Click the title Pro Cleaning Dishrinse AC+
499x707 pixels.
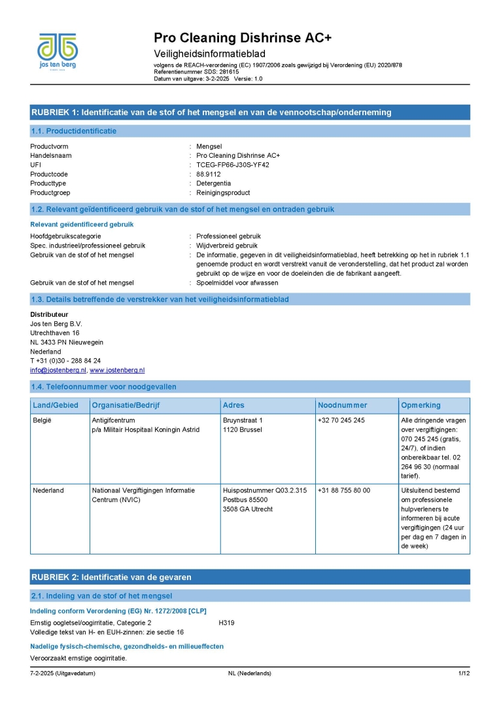(243, 38)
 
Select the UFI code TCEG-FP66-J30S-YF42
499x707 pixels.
(233, 165)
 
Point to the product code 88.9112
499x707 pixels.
(209, 174)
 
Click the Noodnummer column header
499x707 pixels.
(342, 405)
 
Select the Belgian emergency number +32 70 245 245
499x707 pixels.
(341, 420)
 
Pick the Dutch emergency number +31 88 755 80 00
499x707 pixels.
(343, 490)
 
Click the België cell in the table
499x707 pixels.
(42, 420)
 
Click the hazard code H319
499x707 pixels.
(226, 622)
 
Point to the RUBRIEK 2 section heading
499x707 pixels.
(111, 577)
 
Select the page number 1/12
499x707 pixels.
(464, 674)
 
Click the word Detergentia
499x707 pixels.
(214, 184)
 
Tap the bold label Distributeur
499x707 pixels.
(50, 314)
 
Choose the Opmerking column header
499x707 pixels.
(421, 405)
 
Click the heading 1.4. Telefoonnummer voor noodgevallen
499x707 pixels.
(104, 387)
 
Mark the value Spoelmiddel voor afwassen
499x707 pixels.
(237, 283)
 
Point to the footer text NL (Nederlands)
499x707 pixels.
(249, 674)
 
